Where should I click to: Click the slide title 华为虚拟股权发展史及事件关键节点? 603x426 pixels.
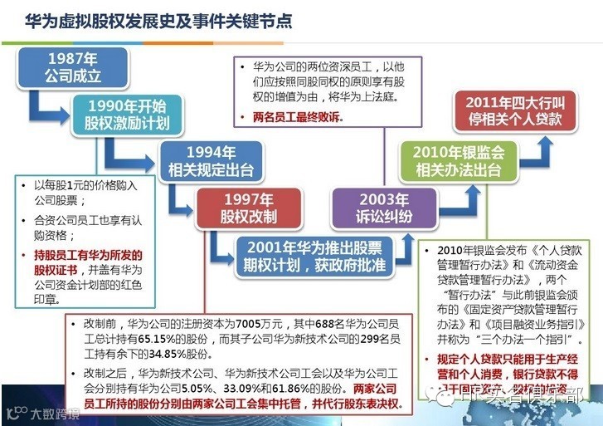tap(158, 20)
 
